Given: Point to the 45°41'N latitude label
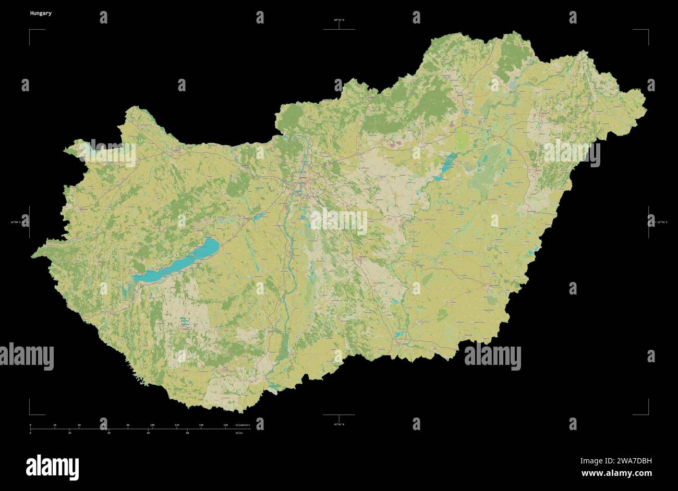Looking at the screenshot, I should pyautogui.click(x=339, y=425).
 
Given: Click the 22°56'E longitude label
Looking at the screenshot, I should pyautogui.click(x=661, y=223).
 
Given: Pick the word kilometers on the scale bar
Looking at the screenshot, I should pyautogui.click(x=243, y=425).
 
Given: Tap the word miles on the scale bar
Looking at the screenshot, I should pyautogui.click(x=239, y=433).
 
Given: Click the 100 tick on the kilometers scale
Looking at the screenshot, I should pyautogui.click(x=152, y=425).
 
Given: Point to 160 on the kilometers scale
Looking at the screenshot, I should pyautogui.click(x=225, y=425).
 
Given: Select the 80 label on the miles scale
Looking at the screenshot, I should pyautogui.click(x=187, y=433).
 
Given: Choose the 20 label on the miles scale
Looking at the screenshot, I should pyautogui.click(x=70, y=433).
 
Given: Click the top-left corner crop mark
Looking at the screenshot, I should pyautogui.click(x=30, y=30).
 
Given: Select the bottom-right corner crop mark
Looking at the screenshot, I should pyautogui.click(x=648, y=414).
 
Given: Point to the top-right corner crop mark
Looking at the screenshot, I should pyautogui.click(x=648, y=30).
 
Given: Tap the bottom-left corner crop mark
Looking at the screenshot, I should pyautogui.click(x=30, y=414).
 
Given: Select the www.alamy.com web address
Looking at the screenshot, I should pyautogui.click(x=615, y=474).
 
